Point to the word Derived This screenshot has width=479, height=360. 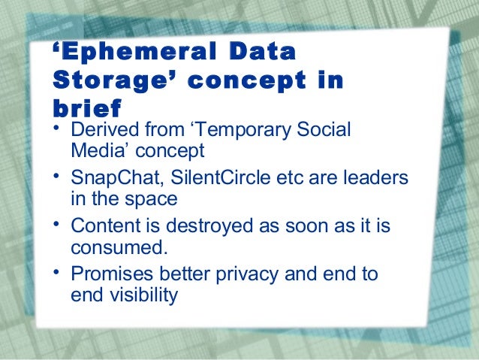(x=101, y=129)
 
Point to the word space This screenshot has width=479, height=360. (x=153, y=200)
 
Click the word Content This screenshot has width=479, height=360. (x=101, y=226)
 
